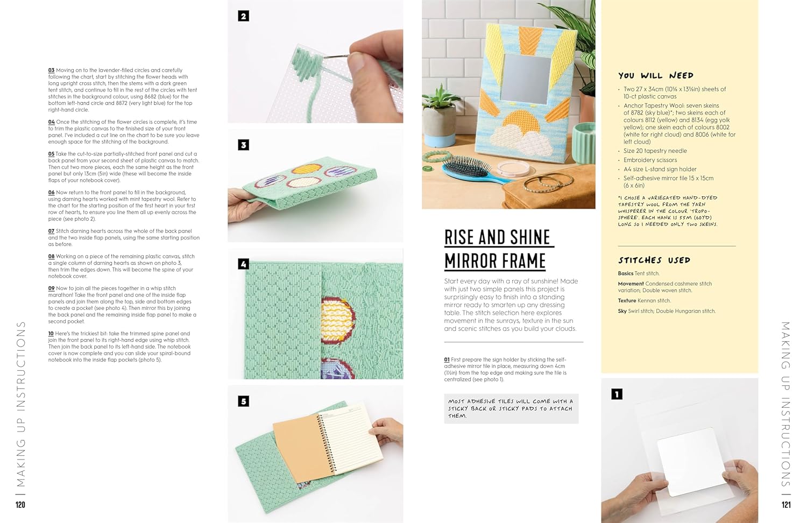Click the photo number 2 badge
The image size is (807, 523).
click(x=244, y=16)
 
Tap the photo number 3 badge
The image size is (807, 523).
click(x=244, y=145)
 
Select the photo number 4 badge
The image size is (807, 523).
click(x=244, y=264)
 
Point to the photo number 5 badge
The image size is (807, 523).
click(x=244, y=401)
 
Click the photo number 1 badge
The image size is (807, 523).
click(x=617, y=394)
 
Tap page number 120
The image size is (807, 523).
click(x=20, y=505)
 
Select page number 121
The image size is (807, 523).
click(x=786, y=505)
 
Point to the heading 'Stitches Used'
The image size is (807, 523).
click(x=654, y=260)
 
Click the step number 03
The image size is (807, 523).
click(x=51, y=70)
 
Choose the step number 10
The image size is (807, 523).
click(x=51, y=334)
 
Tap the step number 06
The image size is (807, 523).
click(x=51, y=192)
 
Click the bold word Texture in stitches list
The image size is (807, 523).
click(x=627, y=301)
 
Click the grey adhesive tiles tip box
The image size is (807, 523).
click(x=511, y=408)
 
